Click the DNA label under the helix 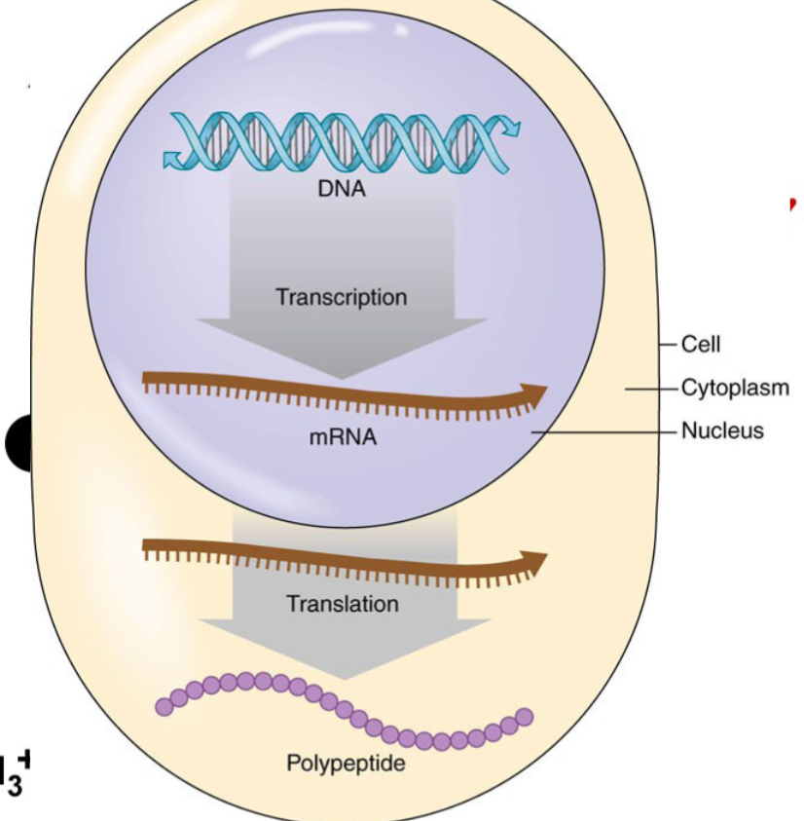point(342,189)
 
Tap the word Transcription point(341,296)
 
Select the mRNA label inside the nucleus point(343,438)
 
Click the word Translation point(342,604)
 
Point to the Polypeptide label point(346,763)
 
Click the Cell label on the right point(701,343)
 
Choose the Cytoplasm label point(734,388)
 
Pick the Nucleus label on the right point(722,429)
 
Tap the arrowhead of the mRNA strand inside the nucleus point(534,393)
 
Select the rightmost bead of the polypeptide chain point(525,717)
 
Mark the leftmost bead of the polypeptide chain point(162,708)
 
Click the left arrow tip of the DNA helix point(173,157)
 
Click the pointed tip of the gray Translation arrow point(342,677)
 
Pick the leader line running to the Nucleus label point(603,430)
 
